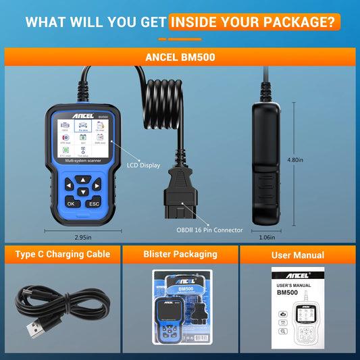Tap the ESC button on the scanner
click(94, 203)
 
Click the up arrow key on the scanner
click(82, 180)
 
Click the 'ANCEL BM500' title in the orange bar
click(180, 57)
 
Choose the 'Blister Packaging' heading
click(180, 254)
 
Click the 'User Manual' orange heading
click(297, 255)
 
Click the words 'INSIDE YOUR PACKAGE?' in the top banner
click(252, 22)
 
